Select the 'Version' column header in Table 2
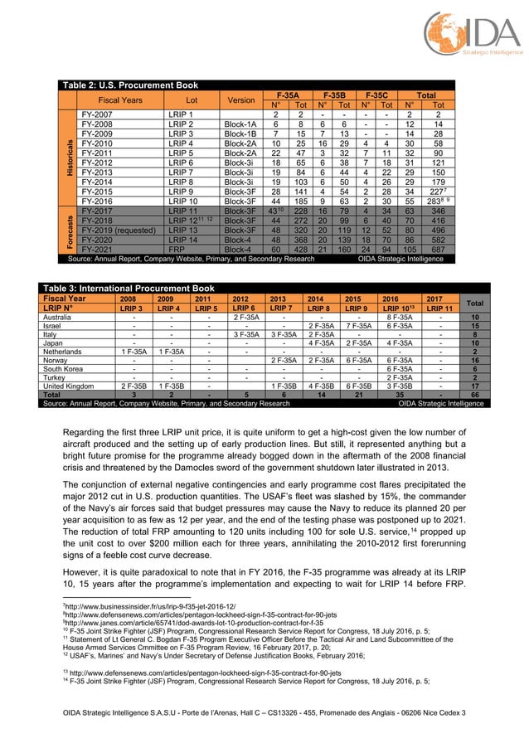(240, 100)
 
